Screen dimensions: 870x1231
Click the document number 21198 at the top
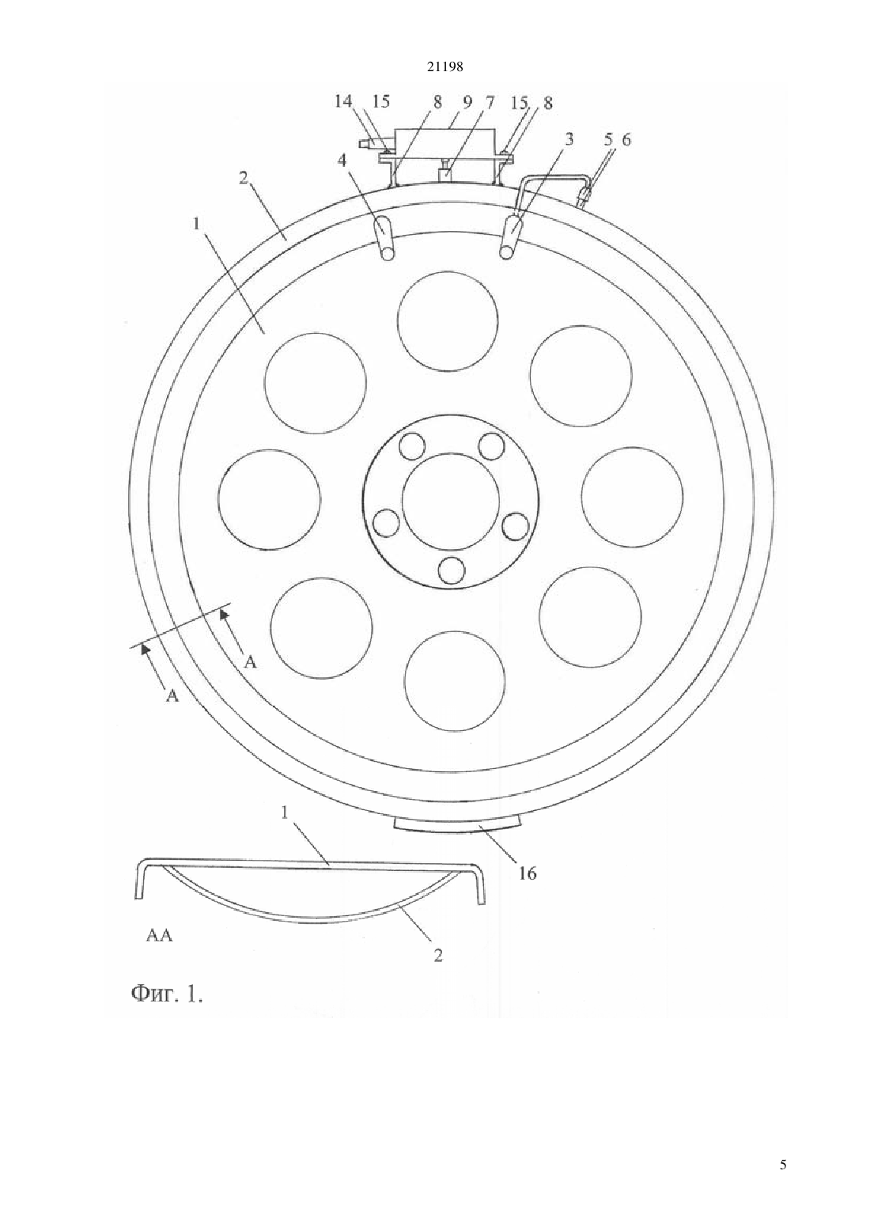(444, 67)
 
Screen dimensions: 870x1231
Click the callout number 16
(528, 873)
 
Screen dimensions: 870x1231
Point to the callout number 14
(343, 102)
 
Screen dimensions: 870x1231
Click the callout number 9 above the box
(467, 102)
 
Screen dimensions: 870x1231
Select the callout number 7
(490, 102)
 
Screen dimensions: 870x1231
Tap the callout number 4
(342, 160)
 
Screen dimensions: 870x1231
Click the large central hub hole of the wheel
(450, 501)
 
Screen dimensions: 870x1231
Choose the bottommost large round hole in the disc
(454, 681)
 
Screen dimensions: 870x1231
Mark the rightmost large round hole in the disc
(632, 497)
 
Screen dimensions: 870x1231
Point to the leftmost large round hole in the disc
(269, 498)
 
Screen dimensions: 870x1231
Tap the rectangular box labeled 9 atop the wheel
(444, 143)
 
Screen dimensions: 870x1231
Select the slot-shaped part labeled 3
(510, 236)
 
